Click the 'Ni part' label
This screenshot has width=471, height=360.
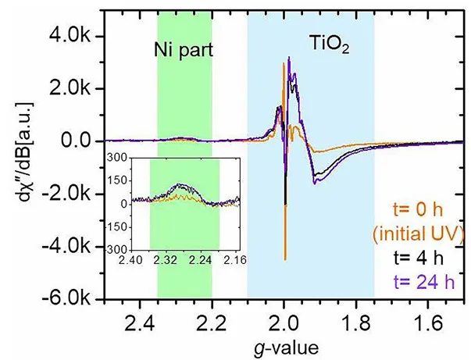pos(183,49)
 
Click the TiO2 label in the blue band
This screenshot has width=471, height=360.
pos(327,46)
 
